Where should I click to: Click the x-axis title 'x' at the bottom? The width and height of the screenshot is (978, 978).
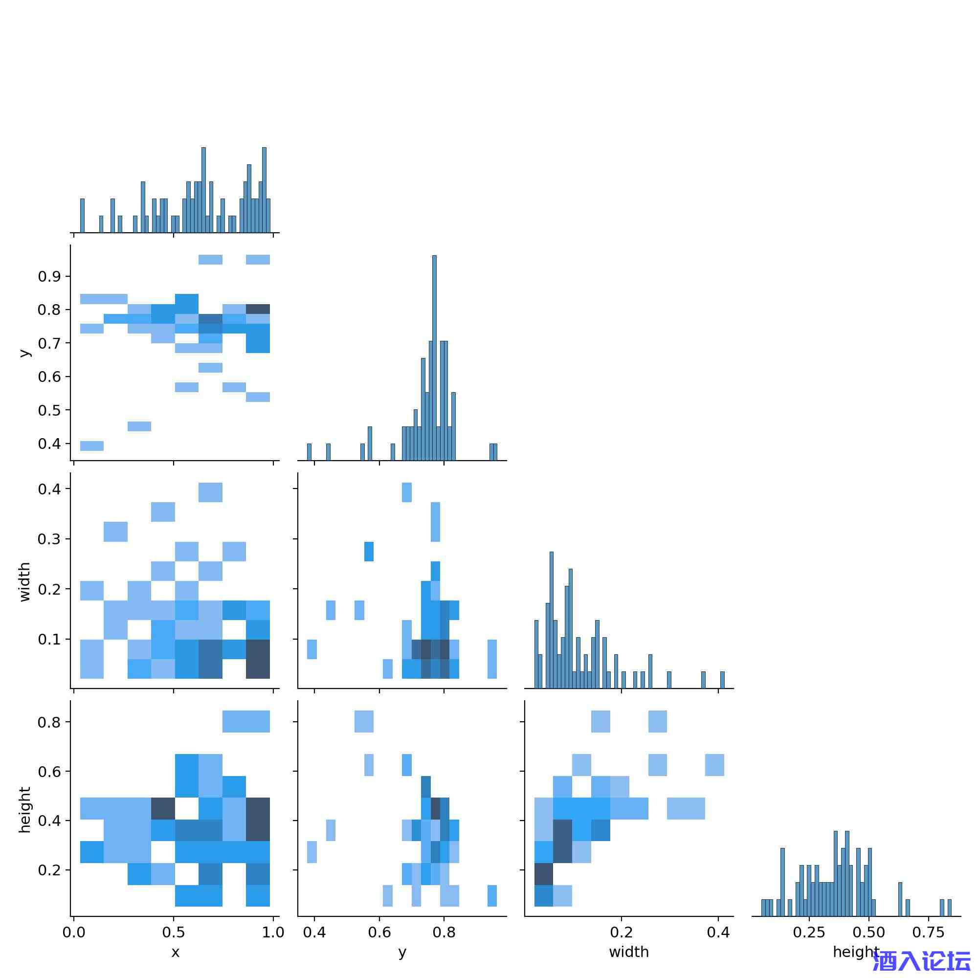[175, 952]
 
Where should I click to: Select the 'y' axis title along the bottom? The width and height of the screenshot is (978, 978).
[402, 952]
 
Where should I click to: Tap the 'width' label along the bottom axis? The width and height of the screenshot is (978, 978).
[629, 952]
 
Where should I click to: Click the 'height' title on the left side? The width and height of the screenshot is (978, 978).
[24, 810]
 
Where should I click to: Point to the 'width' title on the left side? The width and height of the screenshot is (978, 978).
[24, 582]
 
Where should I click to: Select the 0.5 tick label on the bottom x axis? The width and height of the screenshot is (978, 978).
[174, 932]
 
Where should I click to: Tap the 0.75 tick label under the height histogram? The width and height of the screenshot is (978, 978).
[929, 932]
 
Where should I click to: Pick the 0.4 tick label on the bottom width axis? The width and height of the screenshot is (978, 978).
[718, 932]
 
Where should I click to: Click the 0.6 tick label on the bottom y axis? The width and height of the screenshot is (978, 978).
[379, 932]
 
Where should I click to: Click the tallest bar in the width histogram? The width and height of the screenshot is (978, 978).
[551, 620]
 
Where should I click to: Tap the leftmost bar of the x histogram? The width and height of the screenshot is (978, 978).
[83, 216]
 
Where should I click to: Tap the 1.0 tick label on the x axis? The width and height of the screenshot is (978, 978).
[273, 932]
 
